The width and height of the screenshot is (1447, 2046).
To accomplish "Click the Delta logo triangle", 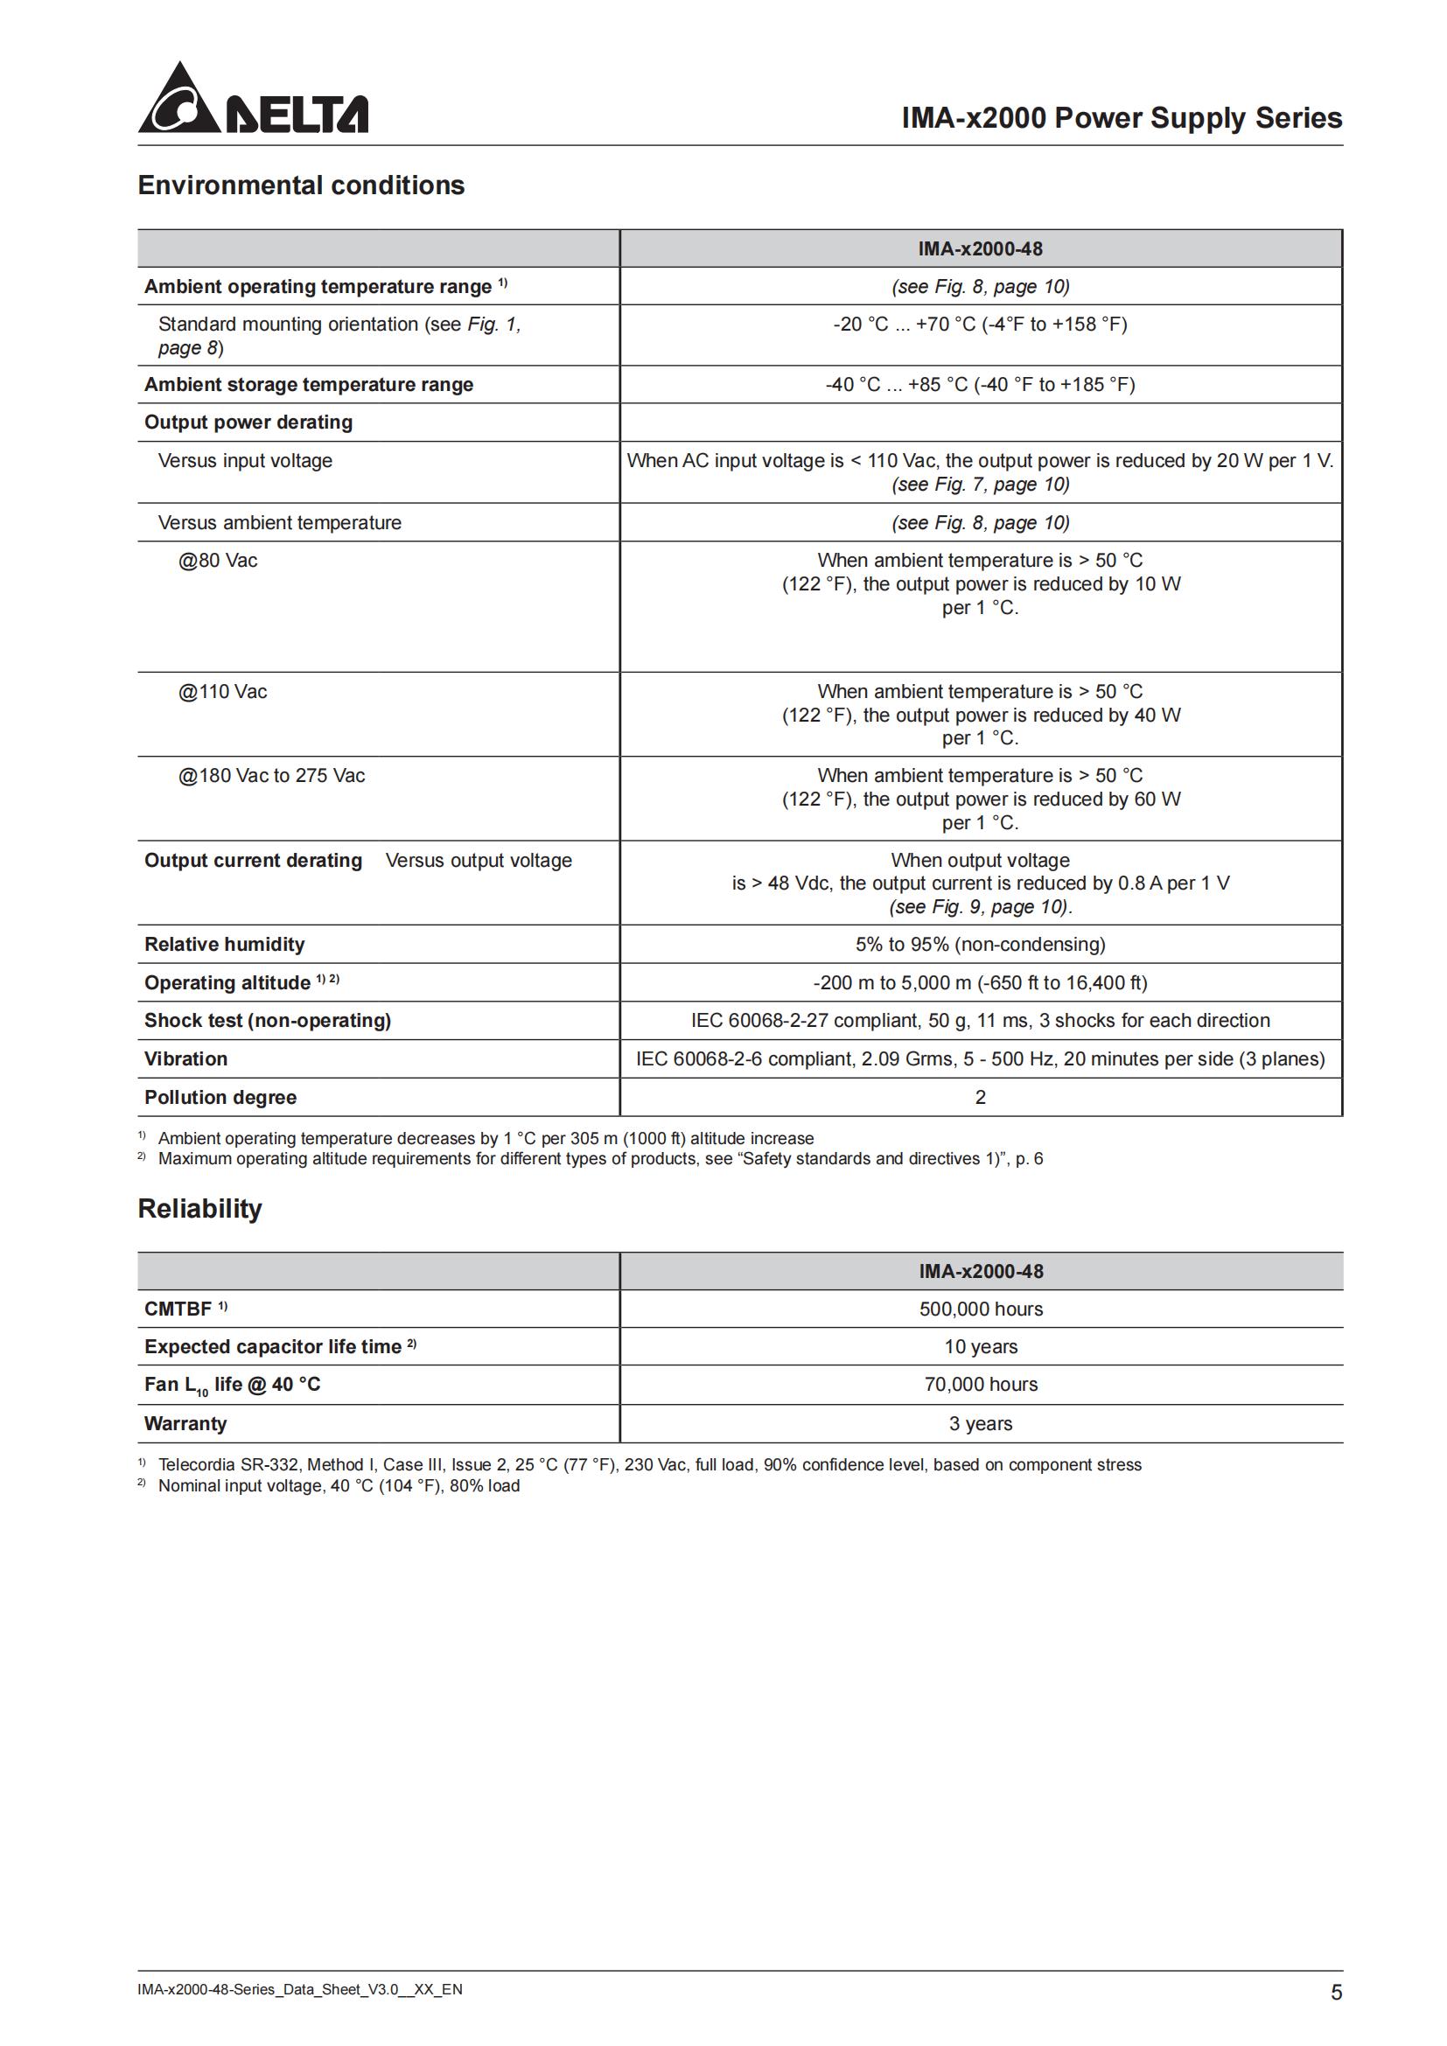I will coord(180,100).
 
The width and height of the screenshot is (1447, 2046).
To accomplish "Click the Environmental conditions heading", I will coord(301,185).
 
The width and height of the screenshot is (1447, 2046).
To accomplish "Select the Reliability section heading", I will coord(199,1208).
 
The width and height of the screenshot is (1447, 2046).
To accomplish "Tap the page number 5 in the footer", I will coord(1336,1993).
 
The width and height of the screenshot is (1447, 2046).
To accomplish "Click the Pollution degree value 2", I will coord(980,1097).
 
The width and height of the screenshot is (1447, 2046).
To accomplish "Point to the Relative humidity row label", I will coord(225,945).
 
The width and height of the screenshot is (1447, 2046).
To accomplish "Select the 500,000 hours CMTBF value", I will coord(980,1309).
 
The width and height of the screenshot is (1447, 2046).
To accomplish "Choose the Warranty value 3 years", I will coord(980,1423).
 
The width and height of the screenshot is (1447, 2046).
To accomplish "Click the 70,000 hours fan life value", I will coord(980,1384).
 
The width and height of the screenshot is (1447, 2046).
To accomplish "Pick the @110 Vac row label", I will coord(223,692).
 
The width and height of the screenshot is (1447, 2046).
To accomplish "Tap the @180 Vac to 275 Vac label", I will coord(272,775).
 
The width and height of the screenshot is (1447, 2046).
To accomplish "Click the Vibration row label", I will coord(186,1058).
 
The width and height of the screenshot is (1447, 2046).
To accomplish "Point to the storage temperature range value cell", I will coord(980,385).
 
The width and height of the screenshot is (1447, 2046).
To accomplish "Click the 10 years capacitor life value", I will coord(980,1346).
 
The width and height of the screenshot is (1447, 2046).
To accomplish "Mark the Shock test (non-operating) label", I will coord(268,1020).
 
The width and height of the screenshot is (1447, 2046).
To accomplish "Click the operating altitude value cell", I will coord(980,983).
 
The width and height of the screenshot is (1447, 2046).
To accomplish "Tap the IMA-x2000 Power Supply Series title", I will coord(1121,117).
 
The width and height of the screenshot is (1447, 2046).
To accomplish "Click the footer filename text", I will coord(299,1989).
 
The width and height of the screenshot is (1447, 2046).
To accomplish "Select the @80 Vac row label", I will coord(219,561).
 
